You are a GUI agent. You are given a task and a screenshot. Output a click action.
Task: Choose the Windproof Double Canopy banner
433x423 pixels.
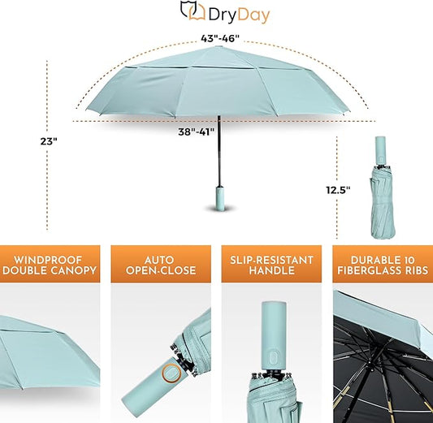(49, 265)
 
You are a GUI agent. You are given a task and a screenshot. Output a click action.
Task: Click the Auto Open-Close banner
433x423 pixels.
(159, 265)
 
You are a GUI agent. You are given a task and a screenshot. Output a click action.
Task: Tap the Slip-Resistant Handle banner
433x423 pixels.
(269, 265)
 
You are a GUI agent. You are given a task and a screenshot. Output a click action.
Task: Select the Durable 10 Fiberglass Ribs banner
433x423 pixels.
(383, 265)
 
